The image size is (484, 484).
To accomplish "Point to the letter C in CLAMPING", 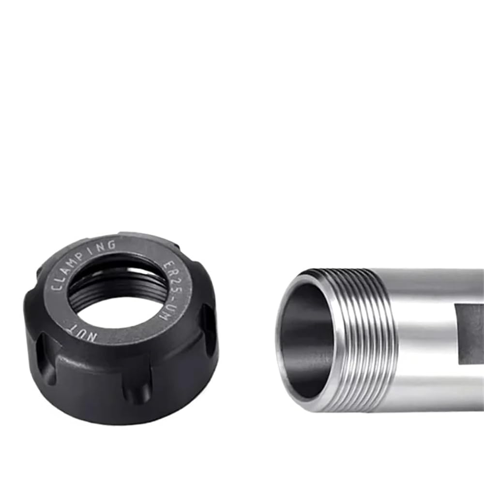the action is click(x=56, y=287).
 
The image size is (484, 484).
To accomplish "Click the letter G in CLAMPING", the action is click(x=112, y=245).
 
